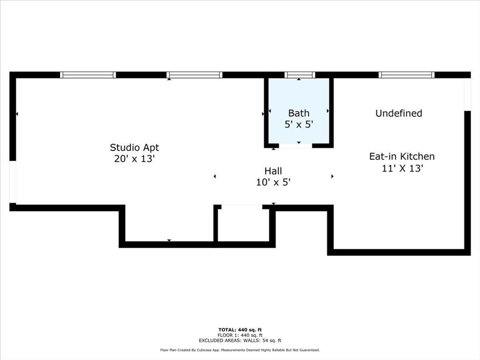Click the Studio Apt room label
click(134, 148)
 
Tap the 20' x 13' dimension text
click(134, 159)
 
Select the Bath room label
click(299, 113)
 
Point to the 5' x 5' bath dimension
click(299, 125)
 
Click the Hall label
click(273, 171)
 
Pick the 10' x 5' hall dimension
click(273, 183)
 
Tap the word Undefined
click(398, 113)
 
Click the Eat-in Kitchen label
click(402, 157)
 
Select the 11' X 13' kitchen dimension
click(403, 168)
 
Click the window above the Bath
click(300, 75)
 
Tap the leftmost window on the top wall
click(88, 75)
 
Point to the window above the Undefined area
click(406, 75)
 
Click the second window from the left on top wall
click(194, 75)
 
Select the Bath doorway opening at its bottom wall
click(295, 146)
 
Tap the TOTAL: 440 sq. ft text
click(240, 330)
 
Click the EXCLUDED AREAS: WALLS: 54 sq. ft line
click(240, 340)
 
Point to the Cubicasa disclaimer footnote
click(240, 350)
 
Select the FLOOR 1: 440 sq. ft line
click(240, 335)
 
